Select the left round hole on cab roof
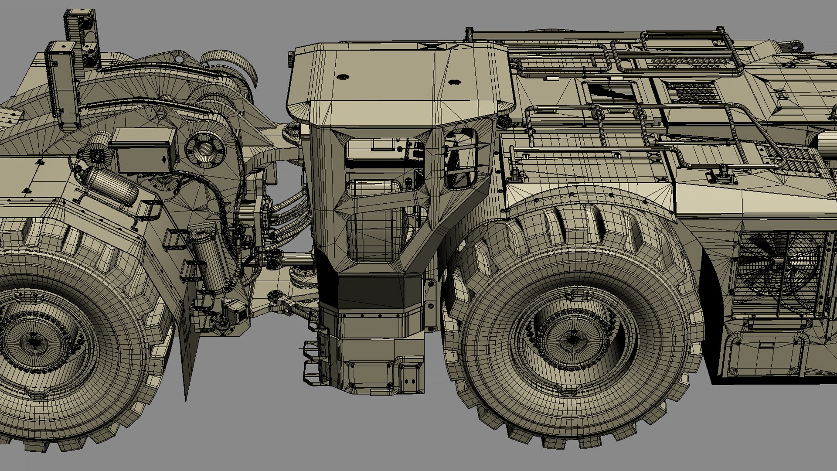(x=343, y=77)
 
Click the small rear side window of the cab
(x=460, y=159)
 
